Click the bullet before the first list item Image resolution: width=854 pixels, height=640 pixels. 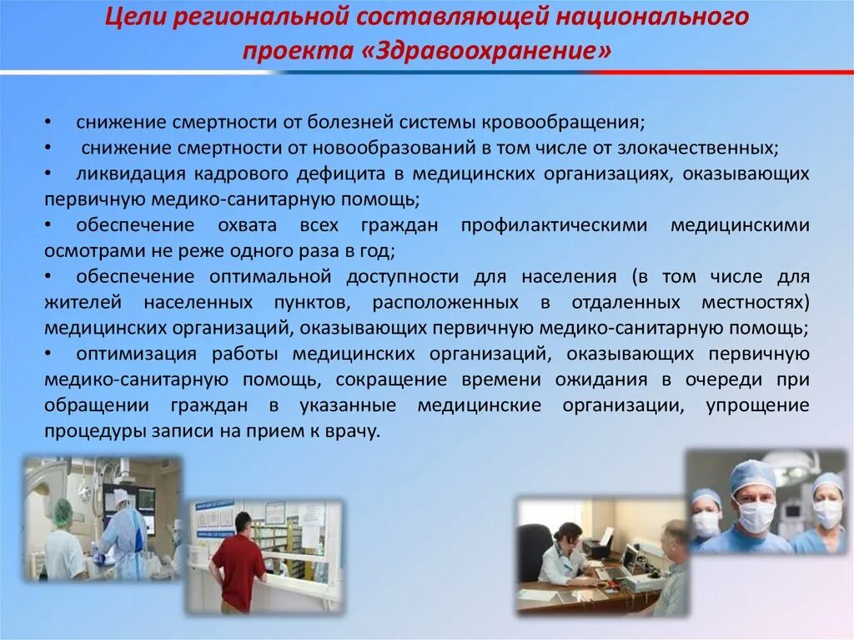click(48, 122)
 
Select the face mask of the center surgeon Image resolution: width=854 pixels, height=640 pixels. click(755, 517)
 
